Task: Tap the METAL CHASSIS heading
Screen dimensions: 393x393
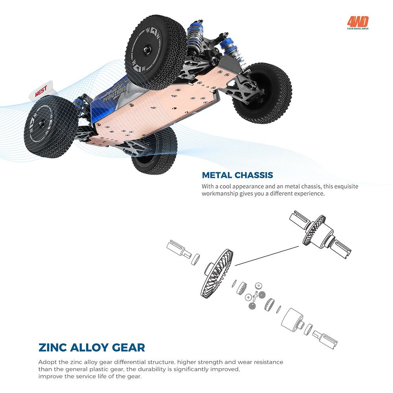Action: click(237, 175)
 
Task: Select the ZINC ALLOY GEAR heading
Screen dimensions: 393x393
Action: click(92, 347)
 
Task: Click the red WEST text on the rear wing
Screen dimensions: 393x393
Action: click(41, 92)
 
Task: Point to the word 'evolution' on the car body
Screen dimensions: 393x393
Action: click(114, 94)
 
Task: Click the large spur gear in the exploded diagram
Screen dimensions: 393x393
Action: click(217, 273)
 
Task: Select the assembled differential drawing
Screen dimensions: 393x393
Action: click(320, 234)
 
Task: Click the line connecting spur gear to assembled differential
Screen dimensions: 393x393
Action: click(267, 256)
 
